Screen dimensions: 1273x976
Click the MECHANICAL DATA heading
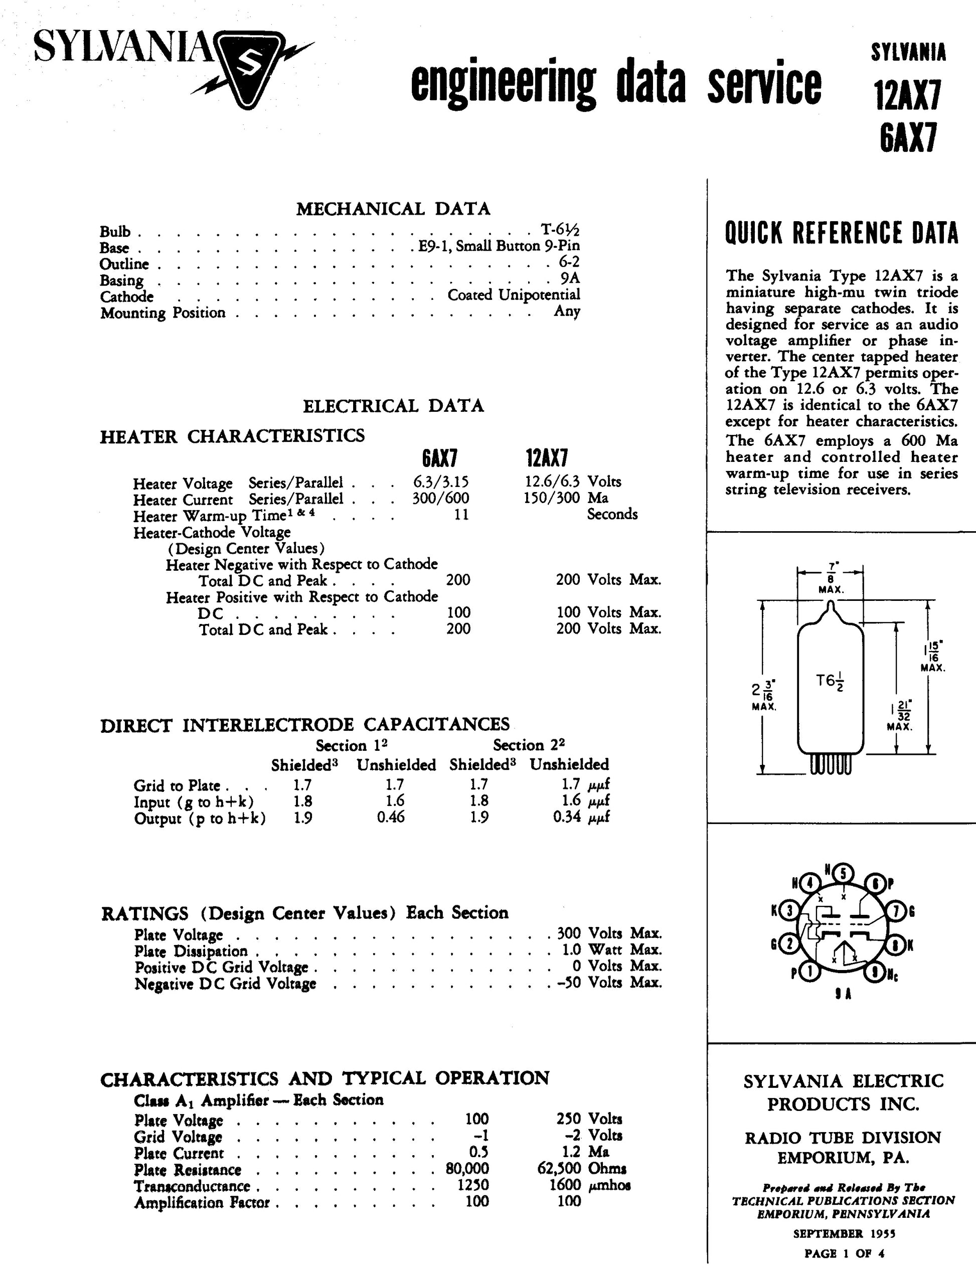click(393, 209)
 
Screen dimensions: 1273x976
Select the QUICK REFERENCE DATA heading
click(841, 233)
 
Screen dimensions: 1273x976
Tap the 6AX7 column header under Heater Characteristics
click(439, 458)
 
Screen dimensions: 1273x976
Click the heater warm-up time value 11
click(461, 514)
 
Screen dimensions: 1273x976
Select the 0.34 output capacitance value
click(567, 817)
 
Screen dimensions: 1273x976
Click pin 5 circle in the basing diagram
click(843, 874)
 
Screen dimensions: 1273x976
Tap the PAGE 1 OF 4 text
click(844, 1253)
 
